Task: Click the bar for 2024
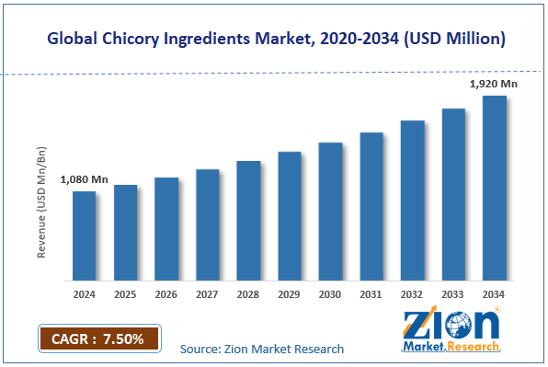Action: pyautogui.click(x=85, y=235)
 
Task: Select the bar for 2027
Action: pyautogui.click(x=208, y=224)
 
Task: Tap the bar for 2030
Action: pyautogui.click(x=330, y=212)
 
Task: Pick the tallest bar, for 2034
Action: pyautogui.click(x=495, y=188)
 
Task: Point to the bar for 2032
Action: pyautogui.click(x=412, y=201)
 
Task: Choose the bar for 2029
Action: pyautogui.click(x=290, y=216)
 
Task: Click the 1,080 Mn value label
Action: pyautogui.click(x=85, y=179)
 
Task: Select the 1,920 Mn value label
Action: pyautogui.click(x=494, y=85)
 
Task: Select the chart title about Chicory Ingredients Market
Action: pyautogui.click(x=273, y=39)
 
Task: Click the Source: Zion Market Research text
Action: pyautogui.click(x=262, y=349)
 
